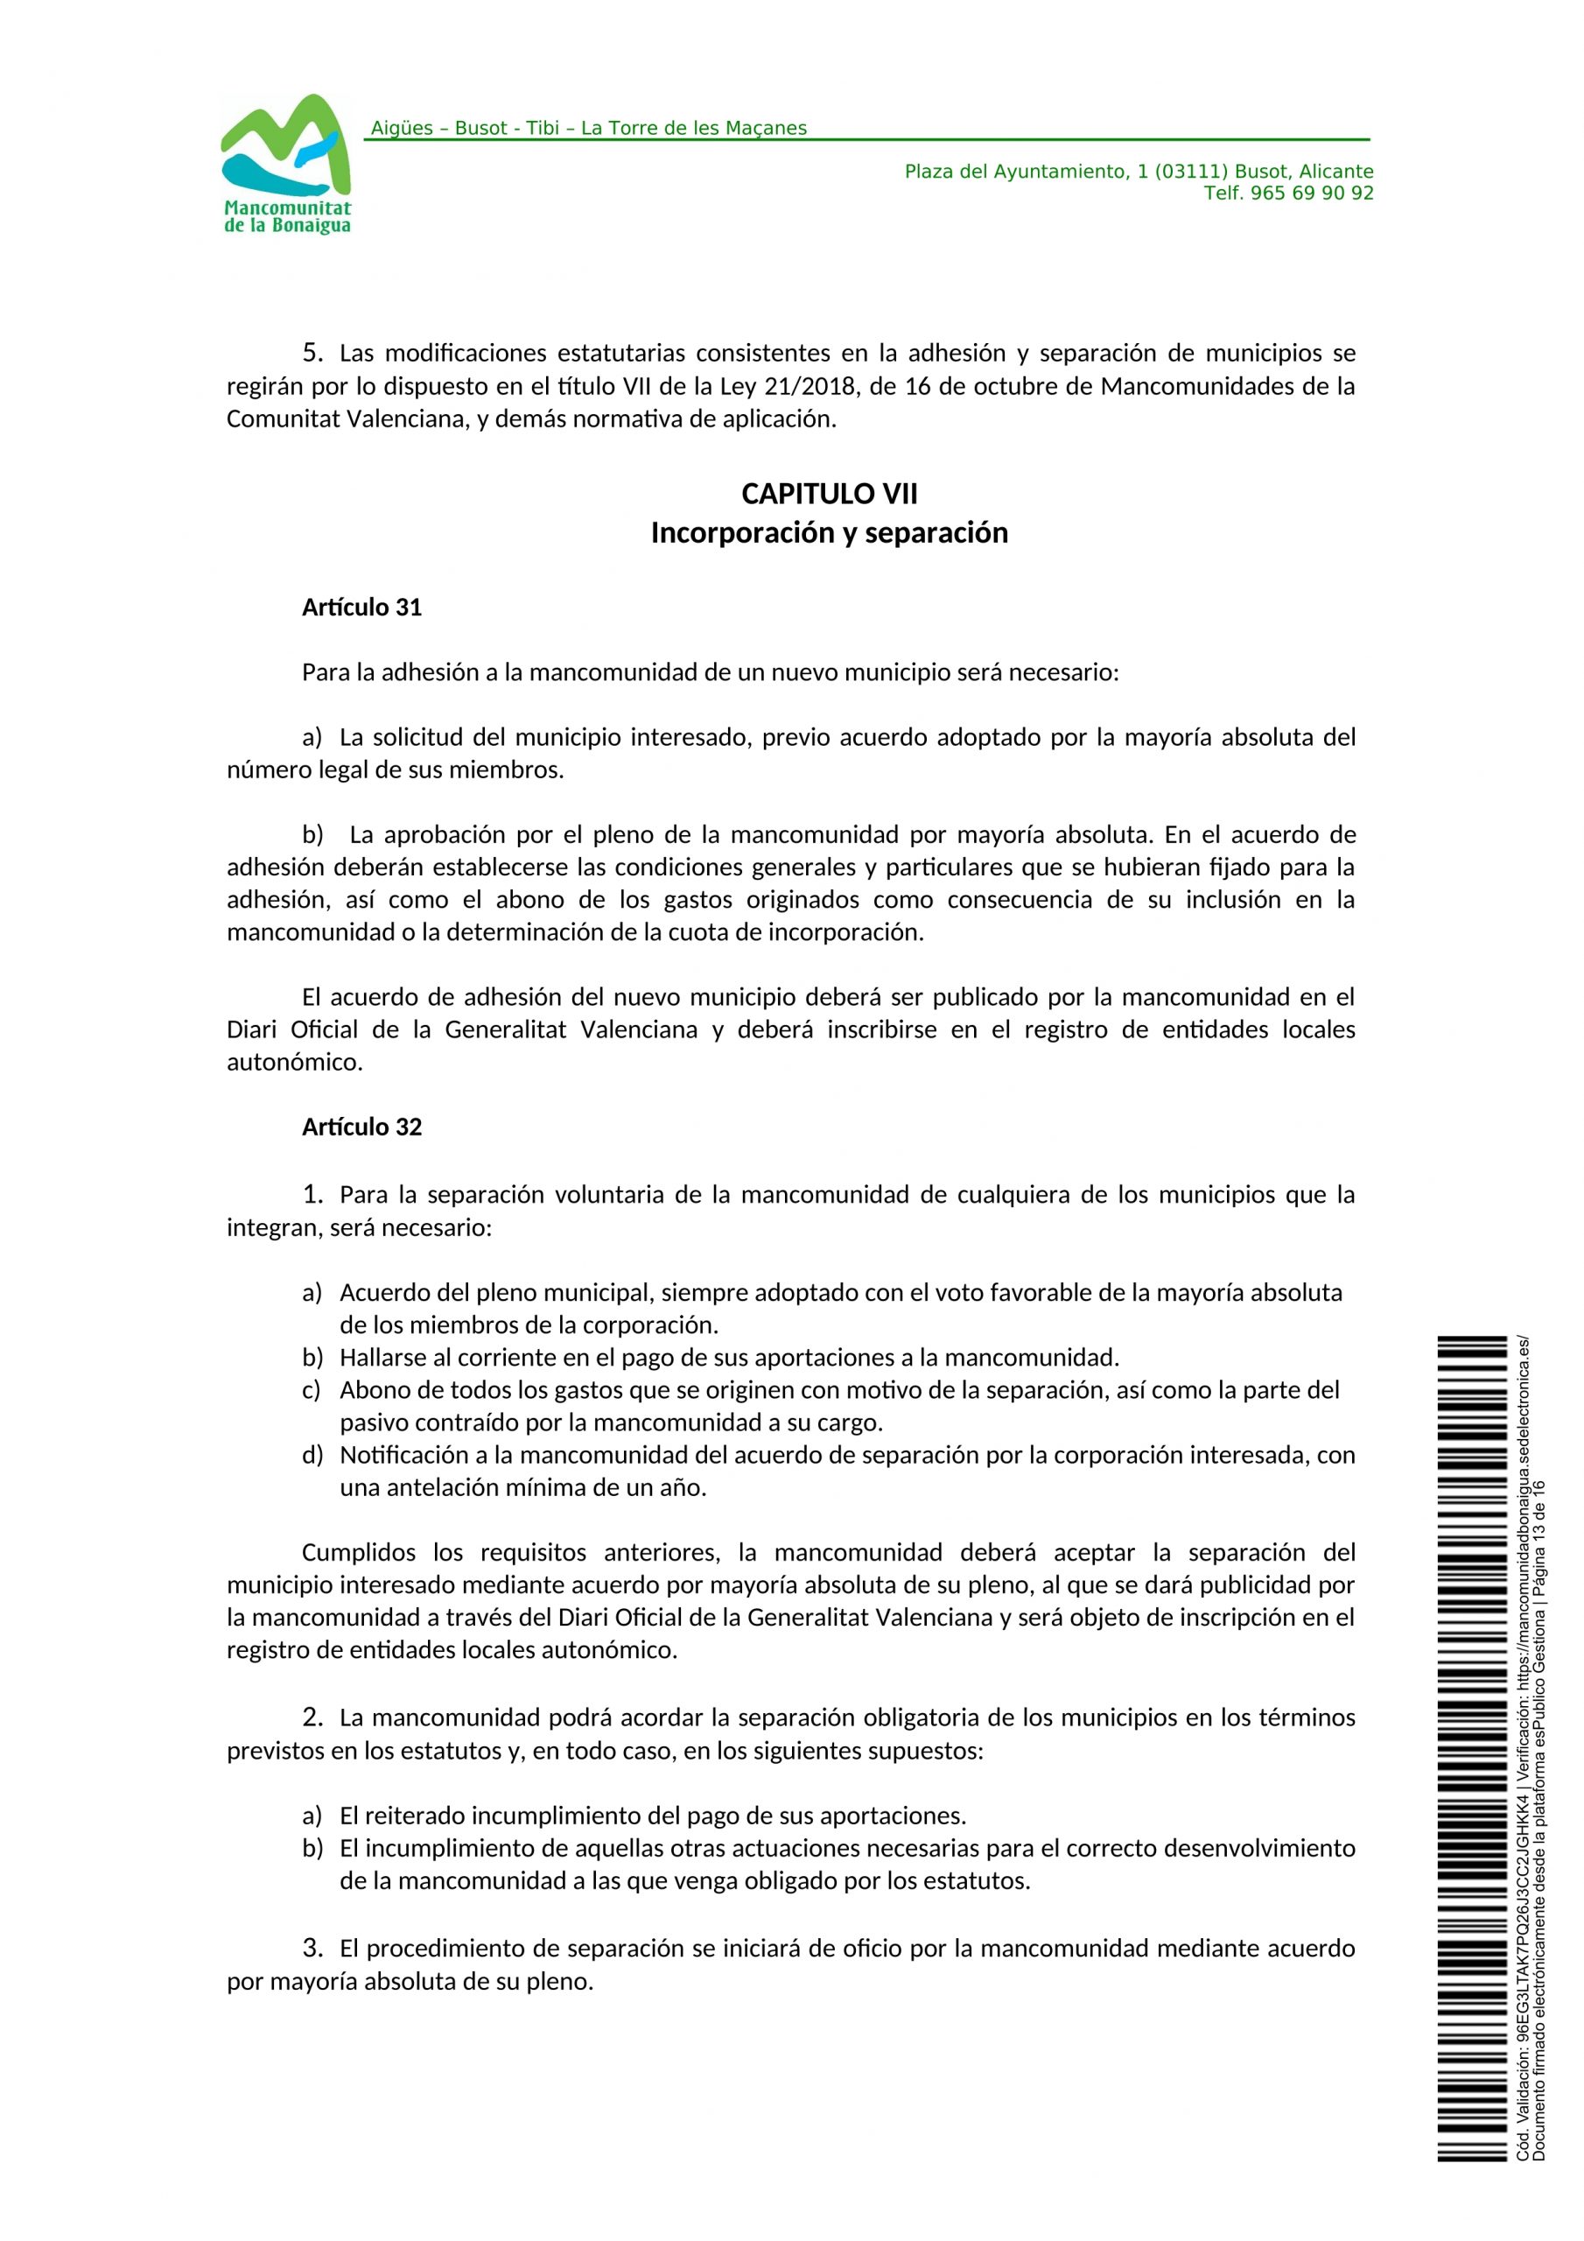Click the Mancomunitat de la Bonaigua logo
(x=286, y=163)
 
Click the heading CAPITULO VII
(x=829, y=494)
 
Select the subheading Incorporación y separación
(x=829, y=533)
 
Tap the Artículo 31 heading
(x=361, y=608)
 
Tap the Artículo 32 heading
(x=361, y=1128)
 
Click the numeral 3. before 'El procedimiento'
(x=312, y=1949)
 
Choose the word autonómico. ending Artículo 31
(x=295, y=1062)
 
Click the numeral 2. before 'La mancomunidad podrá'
(x=312, y=1717)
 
